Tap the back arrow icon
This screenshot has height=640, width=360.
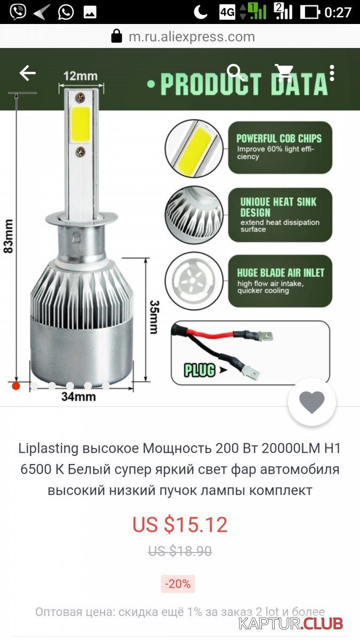[27, 73]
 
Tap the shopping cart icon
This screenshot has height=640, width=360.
[284, 73]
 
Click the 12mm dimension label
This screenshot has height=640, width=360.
[81, 76]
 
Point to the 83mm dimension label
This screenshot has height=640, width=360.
[9, 236]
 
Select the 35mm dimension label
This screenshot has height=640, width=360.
[154, 317]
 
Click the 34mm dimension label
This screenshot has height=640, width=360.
[78, 397]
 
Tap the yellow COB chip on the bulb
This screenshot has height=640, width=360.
[81, 125]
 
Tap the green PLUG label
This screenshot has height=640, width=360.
[199, 370]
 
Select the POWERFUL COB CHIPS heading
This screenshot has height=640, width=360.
[279, 139]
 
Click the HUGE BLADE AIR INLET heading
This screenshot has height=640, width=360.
[281, 273]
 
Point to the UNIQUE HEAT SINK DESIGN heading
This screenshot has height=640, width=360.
[278, 207]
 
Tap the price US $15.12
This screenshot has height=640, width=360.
[180, 524]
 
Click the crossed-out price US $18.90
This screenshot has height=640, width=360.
[180, 550]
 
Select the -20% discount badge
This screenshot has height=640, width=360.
[178, 583]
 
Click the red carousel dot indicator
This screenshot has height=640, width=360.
[16, 386]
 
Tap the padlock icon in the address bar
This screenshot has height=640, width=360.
[117, 36]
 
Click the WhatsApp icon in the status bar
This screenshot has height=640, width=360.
[66, 12]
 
